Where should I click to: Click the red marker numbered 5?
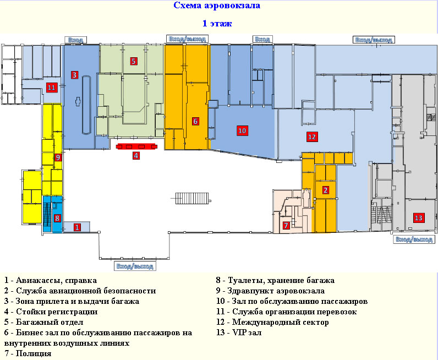[x=134, y=61]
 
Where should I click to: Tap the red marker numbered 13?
[x=418, y=218]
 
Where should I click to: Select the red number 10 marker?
[x=242, y=130]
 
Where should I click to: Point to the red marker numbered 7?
[x=286, y=225]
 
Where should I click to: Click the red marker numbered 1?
[x=77, y=227]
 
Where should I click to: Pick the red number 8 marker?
[x=57, y=218]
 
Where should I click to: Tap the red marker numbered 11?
[x=52, y=88]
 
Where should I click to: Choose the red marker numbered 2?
[x=325, y=190]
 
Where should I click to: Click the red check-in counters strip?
[x=136, y=146]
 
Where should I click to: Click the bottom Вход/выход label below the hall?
[x=135, y=266]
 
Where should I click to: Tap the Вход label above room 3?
[x=76, y=40]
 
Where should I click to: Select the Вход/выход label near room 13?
[x=414, y=239]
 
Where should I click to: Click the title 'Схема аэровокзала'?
[x=217, y=6]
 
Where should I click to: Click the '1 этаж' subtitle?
[x=217, y=23]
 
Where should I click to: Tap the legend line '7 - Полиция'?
[x=28, y=353]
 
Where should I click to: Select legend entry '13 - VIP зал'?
[x=239, y=332]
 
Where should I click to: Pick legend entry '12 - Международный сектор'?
[x=272, y=322]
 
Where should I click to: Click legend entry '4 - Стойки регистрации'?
[x=51, y=312]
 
